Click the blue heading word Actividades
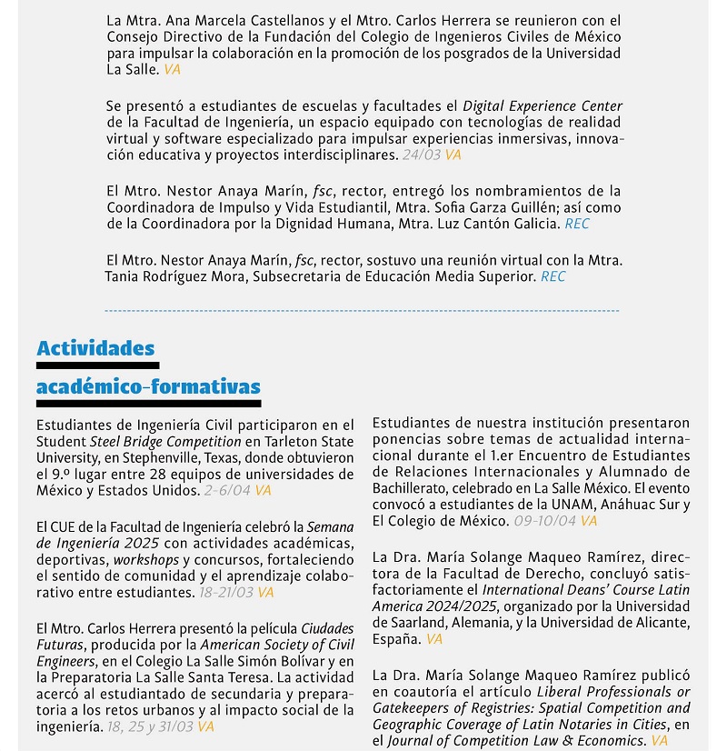[95, 349]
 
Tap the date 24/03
[421, 155]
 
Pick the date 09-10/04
[544, 521]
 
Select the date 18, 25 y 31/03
[150, 727]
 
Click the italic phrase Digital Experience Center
[543, 106]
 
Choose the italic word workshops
[145, 559]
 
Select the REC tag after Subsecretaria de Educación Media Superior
[553, 276]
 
